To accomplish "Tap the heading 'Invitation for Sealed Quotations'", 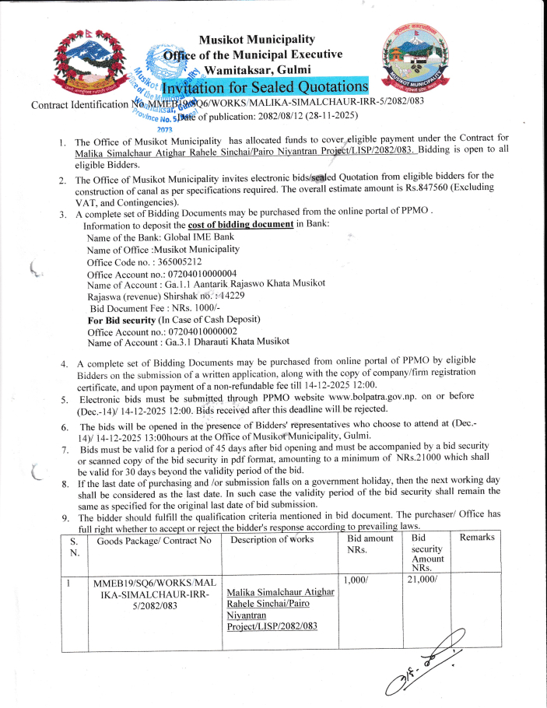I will pyautogui.click(x=281, y=86).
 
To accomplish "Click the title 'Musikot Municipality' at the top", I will pyautogui.click(x=257, y=39).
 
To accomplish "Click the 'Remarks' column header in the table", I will pyautogui.click(x=477, y=538).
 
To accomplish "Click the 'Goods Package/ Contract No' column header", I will pyautogui.click(x=154, y=539).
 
